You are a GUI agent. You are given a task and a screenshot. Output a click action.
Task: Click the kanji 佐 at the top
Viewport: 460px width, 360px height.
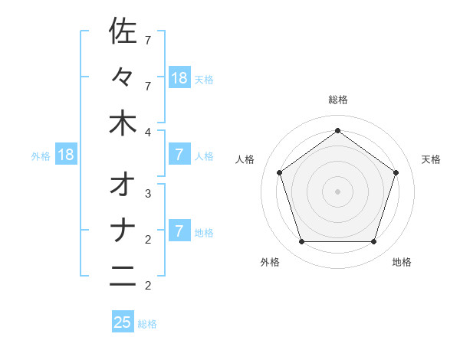coord(123,31)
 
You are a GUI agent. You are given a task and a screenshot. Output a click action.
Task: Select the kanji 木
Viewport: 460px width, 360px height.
coord(123,124)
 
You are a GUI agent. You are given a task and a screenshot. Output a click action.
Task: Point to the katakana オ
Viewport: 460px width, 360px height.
coord(123,185)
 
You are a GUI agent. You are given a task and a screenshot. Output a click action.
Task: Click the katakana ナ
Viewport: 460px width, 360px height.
coord(123,231)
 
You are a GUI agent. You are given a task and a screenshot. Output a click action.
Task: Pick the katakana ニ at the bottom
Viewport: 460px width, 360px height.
coord(123,277)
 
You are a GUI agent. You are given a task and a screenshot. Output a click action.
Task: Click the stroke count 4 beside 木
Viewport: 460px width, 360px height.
coord(148,133)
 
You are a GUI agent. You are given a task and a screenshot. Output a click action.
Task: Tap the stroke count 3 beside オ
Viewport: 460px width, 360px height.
coord(148,194)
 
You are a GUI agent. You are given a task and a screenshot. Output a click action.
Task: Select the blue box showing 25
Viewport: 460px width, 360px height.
coord(123,322)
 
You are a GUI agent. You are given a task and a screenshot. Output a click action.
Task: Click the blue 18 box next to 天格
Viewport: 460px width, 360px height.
coord(179,77)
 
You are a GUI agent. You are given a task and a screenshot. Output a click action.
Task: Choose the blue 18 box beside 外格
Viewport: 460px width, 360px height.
coord(66,155)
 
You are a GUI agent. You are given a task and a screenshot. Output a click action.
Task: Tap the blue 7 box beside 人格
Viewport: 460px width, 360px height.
coord(179,155)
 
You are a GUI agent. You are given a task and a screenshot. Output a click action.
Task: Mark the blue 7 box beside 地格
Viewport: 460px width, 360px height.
coord(179,231)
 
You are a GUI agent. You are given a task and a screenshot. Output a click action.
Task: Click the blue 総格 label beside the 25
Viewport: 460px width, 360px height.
coord(147,324)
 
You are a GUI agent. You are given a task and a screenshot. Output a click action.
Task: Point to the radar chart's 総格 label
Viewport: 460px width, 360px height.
coord(338,100)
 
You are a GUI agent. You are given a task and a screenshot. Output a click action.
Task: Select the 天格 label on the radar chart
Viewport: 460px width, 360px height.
coord(432,159)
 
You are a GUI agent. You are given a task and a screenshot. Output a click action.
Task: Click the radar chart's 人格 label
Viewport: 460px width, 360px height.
coord(245,159)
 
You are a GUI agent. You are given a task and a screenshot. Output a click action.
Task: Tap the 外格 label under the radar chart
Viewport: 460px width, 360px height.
coord(270,262)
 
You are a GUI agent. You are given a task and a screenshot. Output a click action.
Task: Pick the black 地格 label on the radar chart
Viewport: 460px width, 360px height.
coord(402,262)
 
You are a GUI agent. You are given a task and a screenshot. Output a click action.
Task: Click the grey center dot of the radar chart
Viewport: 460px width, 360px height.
coord(337,191)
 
